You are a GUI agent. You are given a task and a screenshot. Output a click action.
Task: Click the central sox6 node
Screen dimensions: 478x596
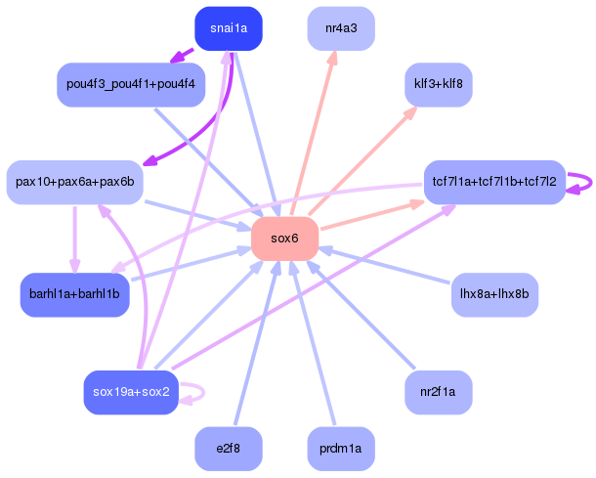point(285,239)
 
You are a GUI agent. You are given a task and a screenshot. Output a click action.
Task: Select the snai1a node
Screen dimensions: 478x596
point(229,28)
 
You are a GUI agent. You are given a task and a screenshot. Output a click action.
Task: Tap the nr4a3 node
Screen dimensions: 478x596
point(341,28)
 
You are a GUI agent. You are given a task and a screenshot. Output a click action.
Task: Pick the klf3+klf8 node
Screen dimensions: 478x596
point(439,85)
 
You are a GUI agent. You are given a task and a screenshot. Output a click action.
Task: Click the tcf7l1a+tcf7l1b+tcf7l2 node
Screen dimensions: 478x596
point(494,182)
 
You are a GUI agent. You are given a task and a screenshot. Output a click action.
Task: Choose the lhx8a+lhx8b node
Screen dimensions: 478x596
point(494,294)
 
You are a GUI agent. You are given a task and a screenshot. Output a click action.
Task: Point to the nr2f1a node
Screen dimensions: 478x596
point(439,392)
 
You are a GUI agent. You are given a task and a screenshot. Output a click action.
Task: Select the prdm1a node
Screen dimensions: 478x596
point(341,449)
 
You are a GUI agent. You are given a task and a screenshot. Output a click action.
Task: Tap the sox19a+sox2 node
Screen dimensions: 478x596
point(131,392)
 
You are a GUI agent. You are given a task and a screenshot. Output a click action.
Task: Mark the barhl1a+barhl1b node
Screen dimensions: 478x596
point(74,294)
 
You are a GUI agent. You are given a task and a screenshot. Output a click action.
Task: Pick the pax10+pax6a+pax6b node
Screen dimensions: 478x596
point(74,182)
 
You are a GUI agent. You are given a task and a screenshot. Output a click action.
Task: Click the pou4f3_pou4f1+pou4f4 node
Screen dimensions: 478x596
point(131,85)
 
